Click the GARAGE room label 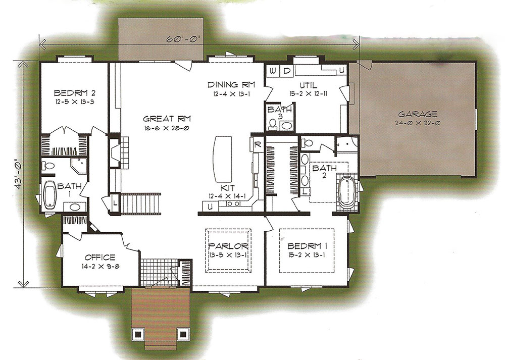pyautogui.click(x=418, y=114)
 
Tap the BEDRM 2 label pyautogui.click(x=74, y=93)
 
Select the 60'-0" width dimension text pyautogui.click(x=184, y=39)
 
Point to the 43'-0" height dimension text pyautogui.click(x=19, y=173)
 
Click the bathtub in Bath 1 pyautogui.click(x=50, y=195)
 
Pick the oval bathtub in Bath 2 pyautogui.click(x=347, y=191)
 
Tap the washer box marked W pyautogui.click(x=273, y=71)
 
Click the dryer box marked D pyautogui.click(x=287, y=71)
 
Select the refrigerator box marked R pyautogui.click(x=258, y=144)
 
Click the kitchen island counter pyautogui.click(x=223, y=159)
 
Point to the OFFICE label pyautogui.click(x=100, y=258)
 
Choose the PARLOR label pyautogui.click(x=228, y=246)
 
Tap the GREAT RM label pyautogui.click(x=167, y=119)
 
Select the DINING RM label pyautogui.click(x=231, y=85)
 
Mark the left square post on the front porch pyautogui.click(x=138, y=334)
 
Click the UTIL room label pyautogui.click(x=308, y=85)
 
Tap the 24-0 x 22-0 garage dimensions pyautogui.click(x=418, y=123)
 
